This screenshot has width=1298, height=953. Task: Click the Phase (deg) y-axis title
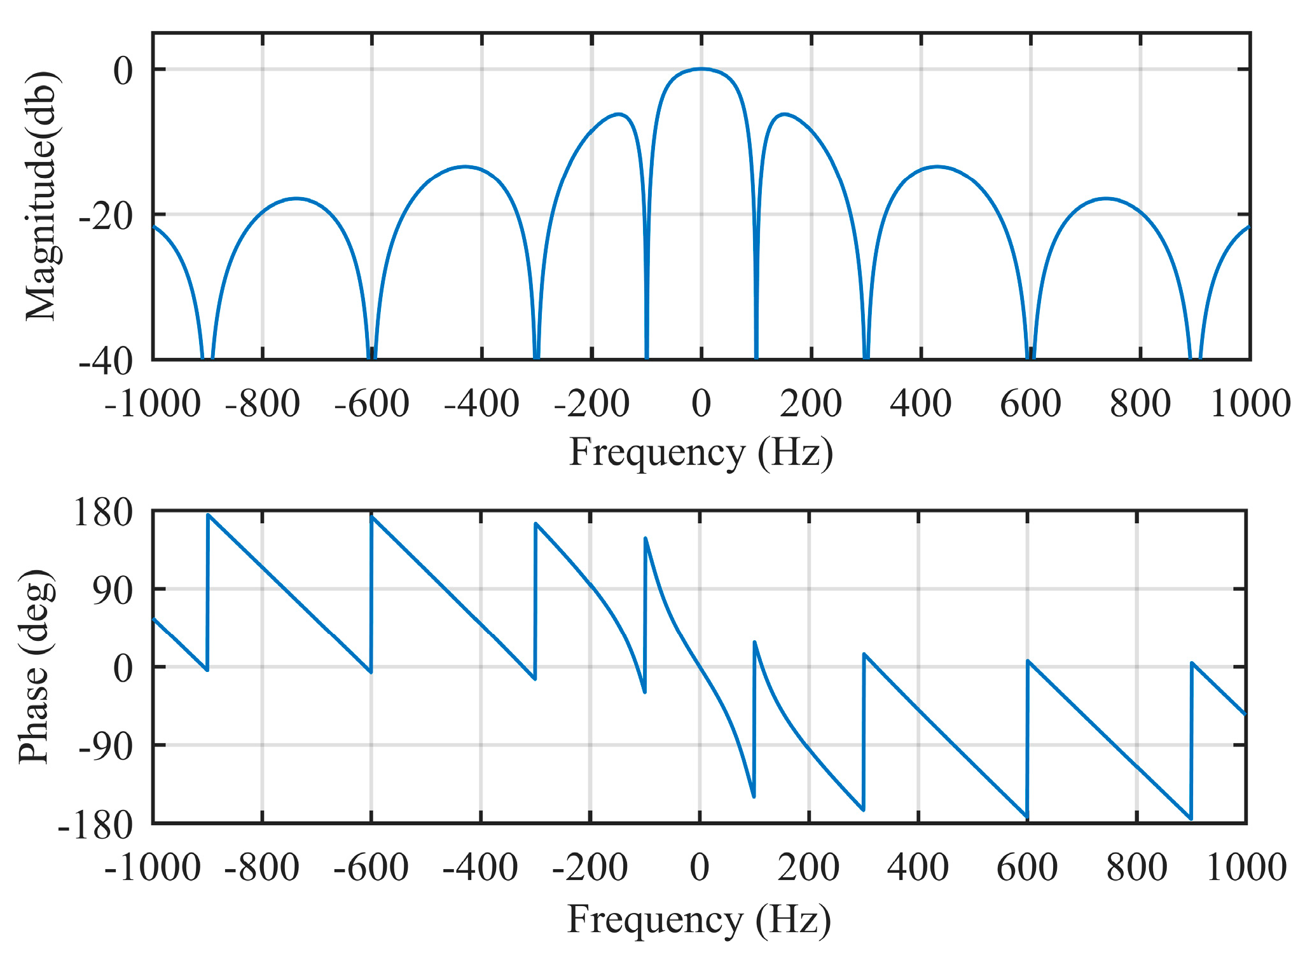[x=36, y=666]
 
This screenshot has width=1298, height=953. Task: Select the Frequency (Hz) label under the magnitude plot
[x=701, y=453]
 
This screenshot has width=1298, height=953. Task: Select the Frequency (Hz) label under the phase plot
[x=699, y=919]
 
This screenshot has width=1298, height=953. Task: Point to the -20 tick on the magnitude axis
[x=106, y=216]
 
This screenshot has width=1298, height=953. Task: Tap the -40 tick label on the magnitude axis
[x=106, y=361]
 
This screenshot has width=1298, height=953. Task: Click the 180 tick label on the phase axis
[x=104, y=512]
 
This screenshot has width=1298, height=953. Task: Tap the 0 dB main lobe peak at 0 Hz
[x=701, y=69]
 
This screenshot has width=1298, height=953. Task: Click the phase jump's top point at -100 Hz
[x=646, y=538]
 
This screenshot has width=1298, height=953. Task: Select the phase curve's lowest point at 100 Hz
[x=754, y=797]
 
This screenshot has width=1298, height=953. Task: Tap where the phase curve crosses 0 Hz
[x=700, y=666]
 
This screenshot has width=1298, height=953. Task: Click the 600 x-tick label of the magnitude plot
[x=1030, y=403]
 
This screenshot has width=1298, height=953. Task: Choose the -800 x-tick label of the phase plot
[x=262, y=868]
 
